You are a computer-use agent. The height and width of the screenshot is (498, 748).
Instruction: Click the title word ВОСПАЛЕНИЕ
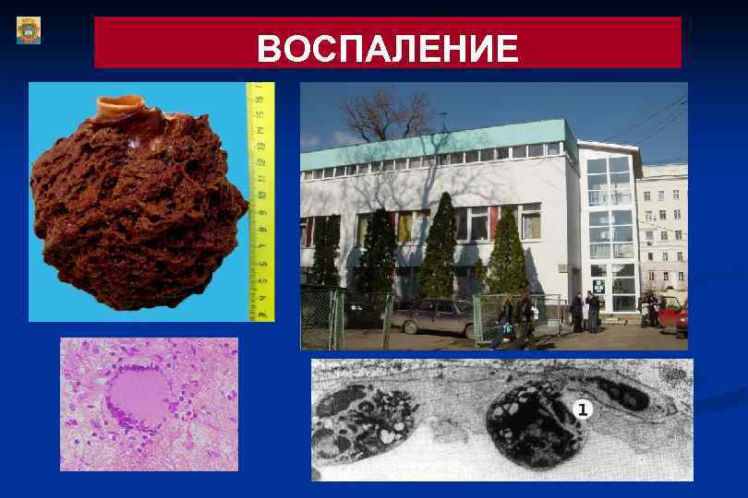tap(387, 48)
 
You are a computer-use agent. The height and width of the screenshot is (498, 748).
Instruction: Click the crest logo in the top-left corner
tap(29, 30)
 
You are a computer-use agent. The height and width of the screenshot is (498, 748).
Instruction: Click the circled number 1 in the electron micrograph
tap(582, 409)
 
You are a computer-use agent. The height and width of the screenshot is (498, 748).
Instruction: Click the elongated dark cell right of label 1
tap(623, 395)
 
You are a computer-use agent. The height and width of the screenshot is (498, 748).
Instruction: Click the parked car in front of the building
tap(429, 316)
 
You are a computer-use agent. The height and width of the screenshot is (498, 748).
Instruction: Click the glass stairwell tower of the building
tap(609, 231)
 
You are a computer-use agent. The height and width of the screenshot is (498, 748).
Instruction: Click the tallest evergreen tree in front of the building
tap(440, 244)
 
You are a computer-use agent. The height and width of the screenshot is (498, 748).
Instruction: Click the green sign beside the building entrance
tap(597, 283)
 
